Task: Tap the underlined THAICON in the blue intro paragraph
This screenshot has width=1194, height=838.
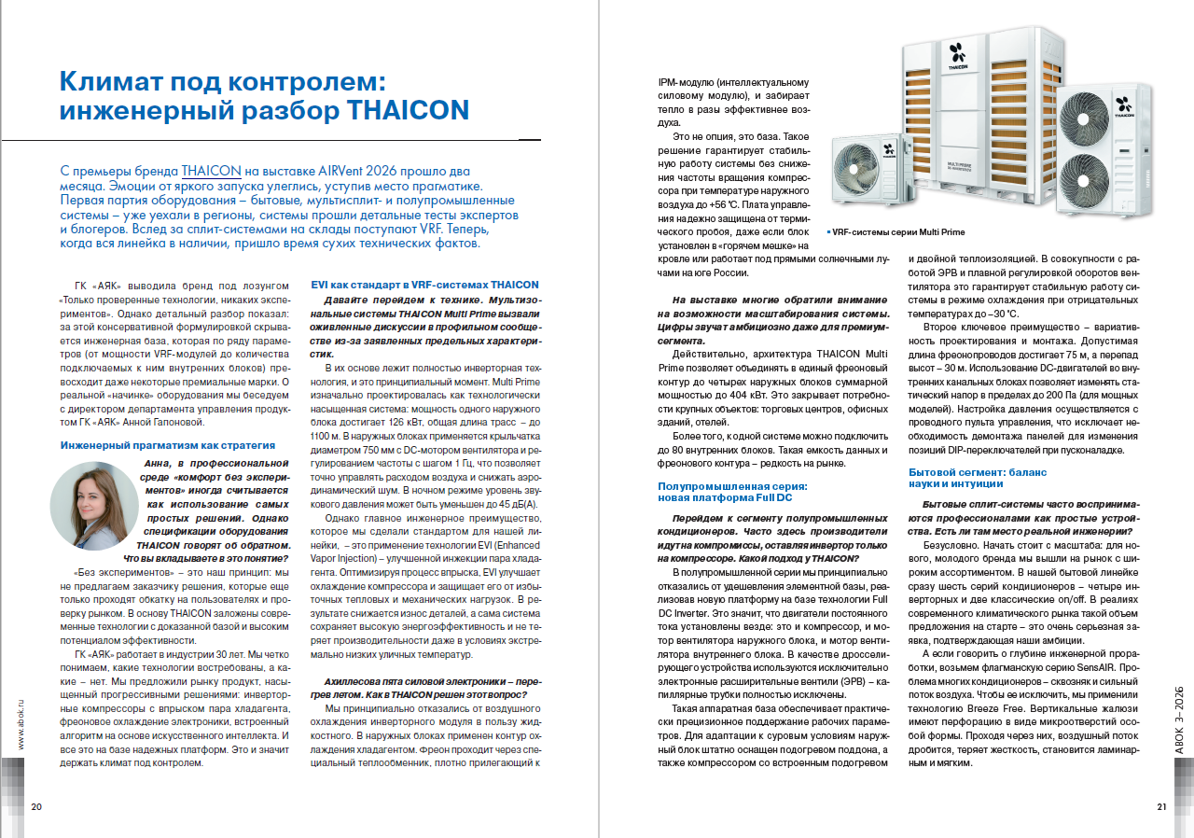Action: tap(212, 172)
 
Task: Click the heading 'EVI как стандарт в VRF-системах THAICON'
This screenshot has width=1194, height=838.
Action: tap(424, 285)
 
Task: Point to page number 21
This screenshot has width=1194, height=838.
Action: tap(1161, 807)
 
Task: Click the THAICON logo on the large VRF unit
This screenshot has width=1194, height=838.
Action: tap(958, 55)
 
